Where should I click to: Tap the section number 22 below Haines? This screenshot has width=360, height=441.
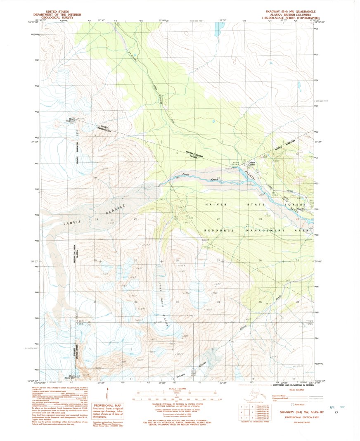[218, 219]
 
